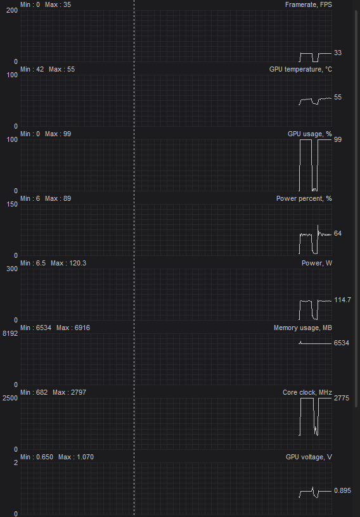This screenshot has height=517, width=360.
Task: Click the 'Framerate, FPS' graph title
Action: [309, 4]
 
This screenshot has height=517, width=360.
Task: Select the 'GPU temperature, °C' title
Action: [300, 69]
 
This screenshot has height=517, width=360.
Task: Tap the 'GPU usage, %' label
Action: [310, 134]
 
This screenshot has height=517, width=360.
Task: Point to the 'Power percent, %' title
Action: [304, 198]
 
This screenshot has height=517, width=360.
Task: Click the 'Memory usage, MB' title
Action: [303, 328]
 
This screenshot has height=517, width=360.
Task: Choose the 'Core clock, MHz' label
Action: [307, 392]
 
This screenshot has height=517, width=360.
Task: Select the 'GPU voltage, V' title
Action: [309, 457]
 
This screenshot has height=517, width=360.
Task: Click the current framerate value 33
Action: [338, 53]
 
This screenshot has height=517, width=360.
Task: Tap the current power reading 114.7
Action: [342, 300]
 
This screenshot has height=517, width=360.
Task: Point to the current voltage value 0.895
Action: [342, 490]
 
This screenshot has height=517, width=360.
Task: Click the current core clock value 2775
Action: [342, 398]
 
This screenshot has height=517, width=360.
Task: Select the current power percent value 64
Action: [338, 233]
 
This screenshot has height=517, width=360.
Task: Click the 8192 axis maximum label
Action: [10, 333]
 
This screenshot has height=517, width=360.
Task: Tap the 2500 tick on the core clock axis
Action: [10, 398]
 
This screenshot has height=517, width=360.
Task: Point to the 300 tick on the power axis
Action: [12, 269]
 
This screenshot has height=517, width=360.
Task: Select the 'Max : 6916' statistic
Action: [74, 328]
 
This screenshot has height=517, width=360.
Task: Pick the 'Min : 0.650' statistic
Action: [37, 457]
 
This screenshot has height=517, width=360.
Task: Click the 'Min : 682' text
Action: [34, 392]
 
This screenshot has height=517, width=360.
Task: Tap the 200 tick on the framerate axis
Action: [12, 10]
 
